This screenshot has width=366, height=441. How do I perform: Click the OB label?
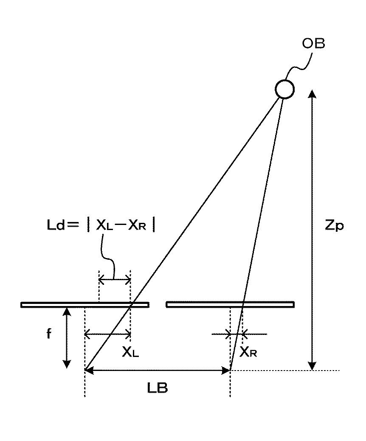click(x=314, y=44)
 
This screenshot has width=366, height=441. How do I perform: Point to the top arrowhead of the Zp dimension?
click(x=312, y=94)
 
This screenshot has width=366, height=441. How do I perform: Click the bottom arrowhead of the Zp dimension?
click(x=312, y=366)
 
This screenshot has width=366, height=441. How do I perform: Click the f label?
click(x=49, y=334)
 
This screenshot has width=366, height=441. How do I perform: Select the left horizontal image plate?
click(x=85, y=304)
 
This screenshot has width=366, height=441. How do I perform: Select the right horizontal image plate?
click(x=230, y=304)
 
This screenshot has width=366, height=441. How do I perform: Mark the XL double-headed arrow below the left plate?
click(x=108, y=334)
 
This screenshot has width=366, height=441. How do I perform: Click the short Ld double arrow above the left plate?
click(x=115, y=279)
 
